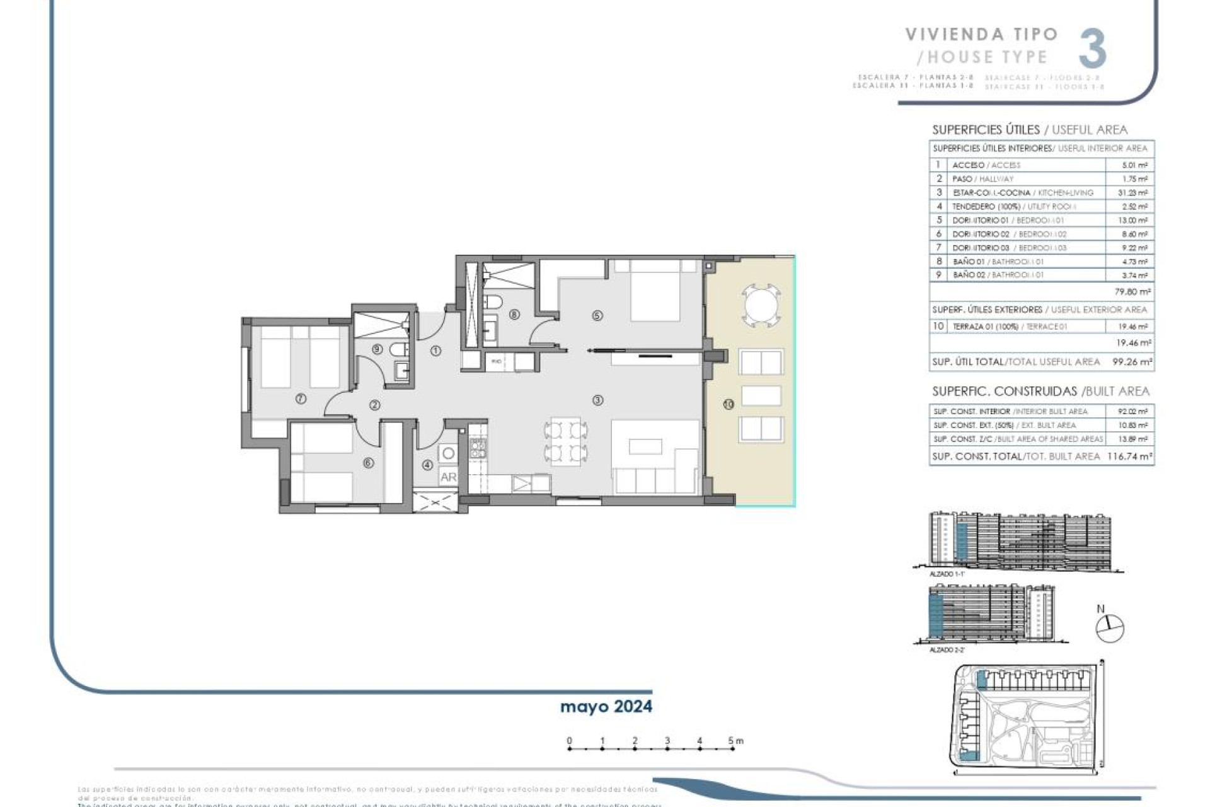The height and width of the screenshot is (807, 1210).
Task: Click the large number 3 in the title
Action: pyautogui.click(x=1092, y=49)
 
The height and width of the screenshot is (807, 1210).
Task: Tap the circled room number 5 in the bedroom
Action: pyautogui.click(x=597, y=315)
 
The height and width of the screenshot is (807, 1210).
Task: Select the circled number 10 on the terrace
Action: pyautogui.click(x=729, y=404)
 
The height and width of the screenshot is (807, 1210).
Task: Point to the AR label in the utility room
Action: pyautogui.click(x=448, y=477)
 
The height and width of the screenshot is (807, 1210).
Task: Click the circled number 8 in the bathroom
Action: pyautogui.click(x=514, y=314)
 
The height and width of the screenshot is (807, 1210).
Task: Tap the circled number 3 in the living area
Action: pyautogui.click(x=597, y=400)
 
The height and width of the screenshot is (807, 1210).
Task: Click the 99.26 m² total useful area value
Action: pyautogui.click(x=1132, y=362)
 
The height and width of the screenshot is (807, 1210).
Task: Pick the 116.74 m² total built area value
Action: pyautogui.click(x=1129, y=456)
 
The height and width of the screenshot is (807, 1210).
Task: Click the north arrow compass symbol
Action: pyautogui.click(x=1109, y=628)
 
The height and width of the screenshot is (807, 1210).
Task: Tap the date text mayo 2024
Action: pyautogui.click(x=606, y=707)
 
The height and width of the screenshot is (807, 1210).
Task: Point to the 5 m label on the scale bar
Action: pyautogui.click(x=735, y=741)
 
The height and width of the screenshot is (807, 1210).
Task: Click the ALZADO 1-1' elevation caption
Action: pyautogui.click(x=947, y=574)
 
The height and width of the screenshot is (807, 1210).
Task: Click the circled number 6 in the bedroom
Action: pyautogui.click(x=369, y=463)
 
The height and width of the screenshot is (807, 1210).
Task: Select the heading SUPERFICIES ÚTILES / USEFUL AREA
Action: pyautogui.click(x=1029, y=130)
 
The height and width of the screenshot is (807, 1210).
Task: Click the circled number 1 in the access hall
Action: pyautogui.click(x=436, y=351)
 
